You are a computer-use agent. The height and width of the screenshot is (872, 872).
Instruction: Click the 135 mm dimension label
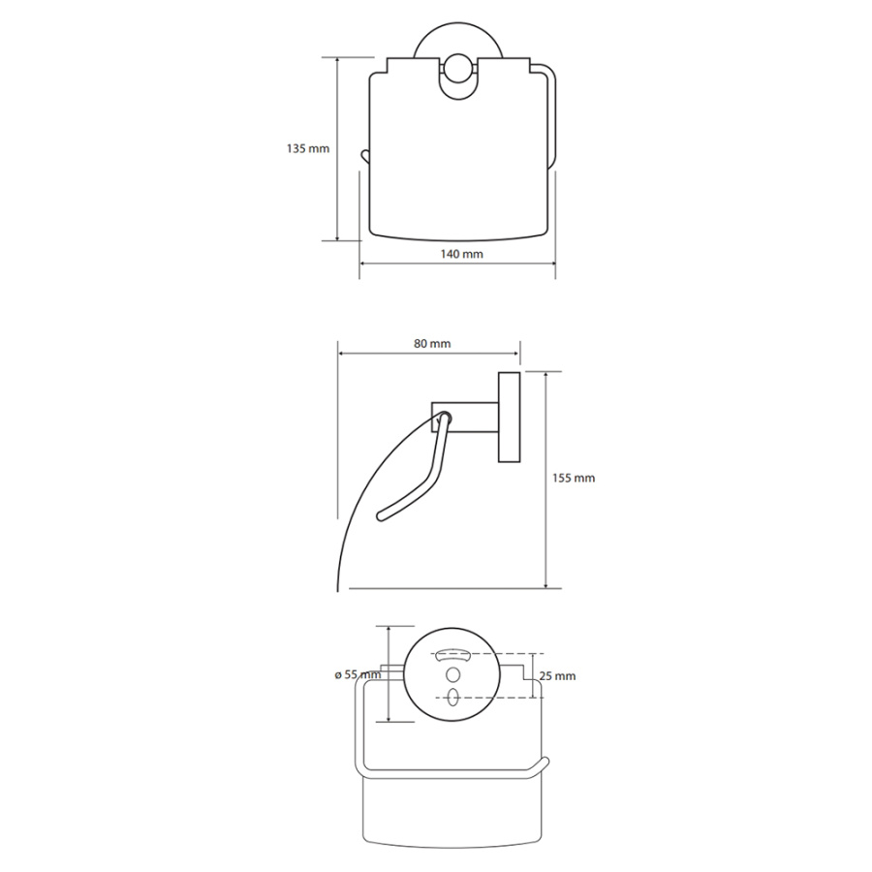[x=307, y=149]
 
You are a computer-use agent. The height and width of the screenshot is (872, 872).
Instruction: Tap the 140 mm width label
[x=461, y=254]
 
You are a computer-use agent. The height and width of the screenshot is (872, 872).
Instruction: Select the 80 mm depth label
[x=432, y=344]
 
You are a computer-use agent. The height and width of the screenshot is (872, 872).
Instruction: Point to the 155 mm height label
[x=574, y=479]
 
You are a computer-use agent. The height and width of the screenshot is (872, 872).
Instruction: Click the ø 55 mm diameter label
[x=358, y=674]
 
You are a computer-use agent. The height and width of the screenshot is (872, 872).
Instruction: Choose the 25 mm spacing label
[x=558, y=676]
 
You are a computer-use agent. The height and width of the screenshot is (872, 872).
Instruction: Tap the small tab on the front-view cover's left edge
[x=365, y=155]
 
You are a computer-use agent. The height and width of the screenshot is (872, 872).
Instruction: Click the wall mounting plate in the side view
[x=509, y=417]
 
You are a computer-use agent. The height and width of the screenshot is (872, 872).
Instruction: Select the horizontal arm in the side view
[x=465, y=417]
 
